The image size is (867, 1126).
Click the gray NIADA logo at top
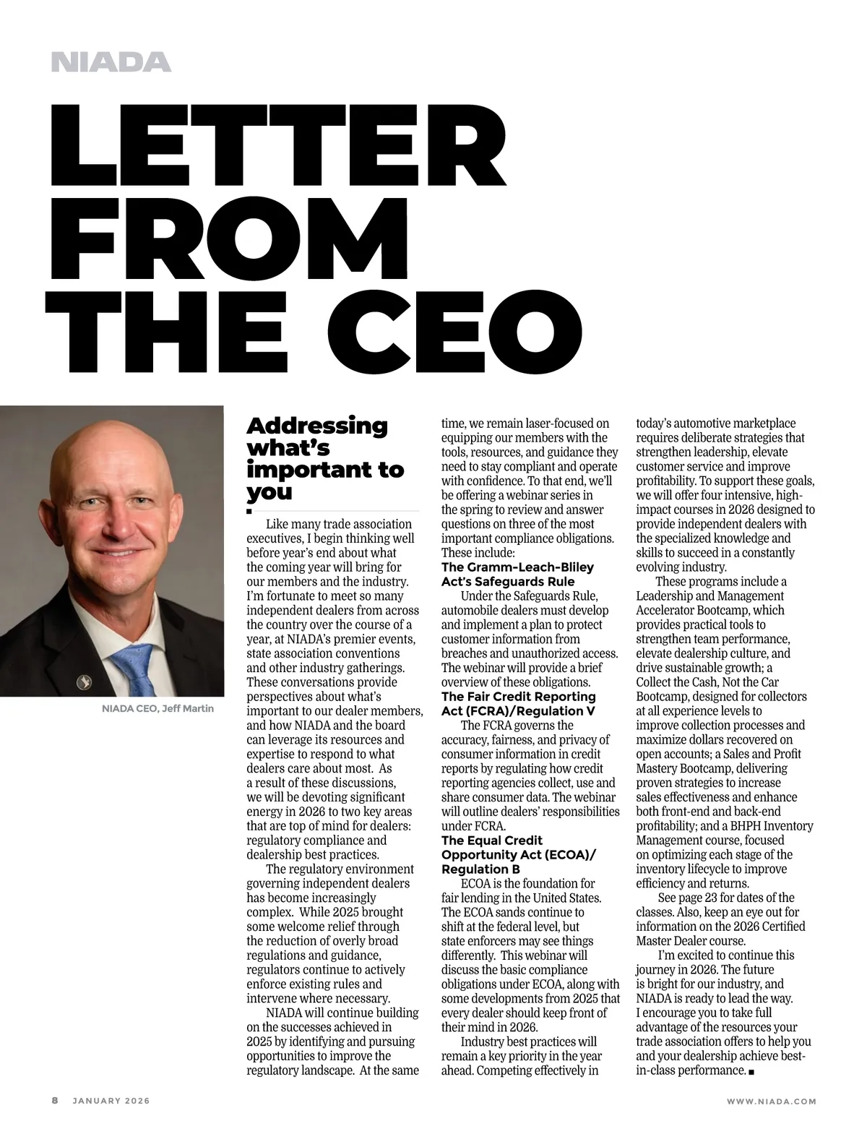[x=111, y=62]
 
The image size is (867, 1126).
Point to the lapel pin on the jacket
[x=85, y=681]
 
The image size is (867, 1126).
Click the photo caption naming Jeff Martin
[x=158, y=708]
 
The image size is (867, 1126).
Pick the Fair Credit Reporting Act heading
[x=519, y=703]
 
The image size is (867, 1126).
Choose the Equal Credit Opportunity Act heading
[x=519, y=854]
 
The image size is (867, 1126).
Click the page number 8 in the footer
[x=55, y=1101]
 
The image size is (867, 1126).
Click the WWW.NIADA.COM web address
[x=771, y=1101]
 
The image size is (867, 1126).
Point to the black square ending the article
[x=751, y=1071]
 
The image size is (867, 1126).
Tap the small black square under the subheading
[x=249, y=511]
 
